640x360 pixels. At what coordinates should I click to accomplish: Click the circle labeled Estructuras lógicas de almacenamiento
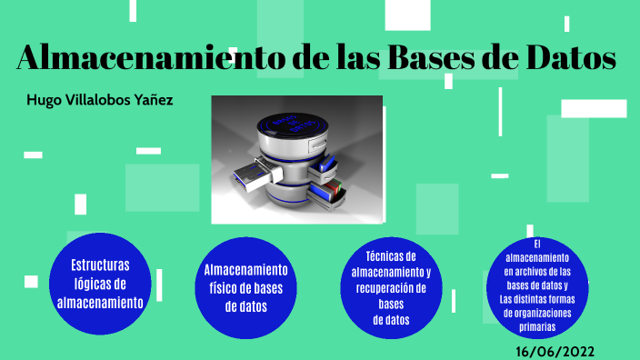point(100,284)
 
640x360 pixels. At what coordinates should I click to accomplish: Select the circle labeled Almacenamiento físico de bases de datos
point(245,287)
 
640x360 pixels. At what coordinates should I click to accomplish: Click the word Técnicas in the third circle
point(391,256)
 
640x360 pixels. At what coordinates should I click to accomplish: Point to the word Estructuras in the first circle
point(100,265)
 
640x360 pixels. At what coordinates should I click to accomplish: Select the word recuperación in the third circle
point(391,288)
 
